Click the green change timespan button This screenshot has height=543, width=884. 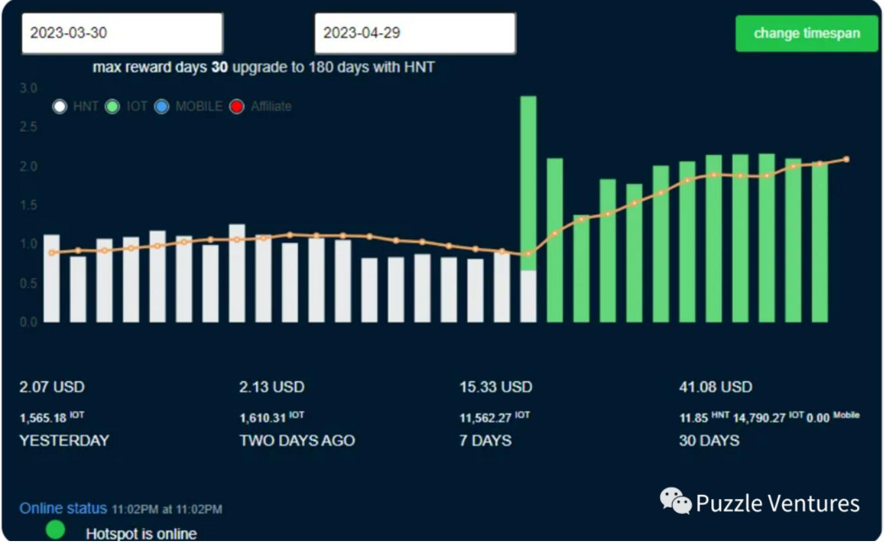pos(807,33)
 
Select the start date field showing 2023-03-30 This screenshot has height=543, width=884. pos(122,33)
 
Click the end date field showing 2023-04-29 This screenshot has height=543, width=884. pos(415,33)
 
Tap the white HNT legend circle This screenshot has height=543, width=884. pos(60,106)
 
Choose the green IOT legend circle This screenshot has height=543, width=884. pos(112,106)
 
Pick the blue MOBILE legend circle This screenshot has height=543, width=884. pos(162,106)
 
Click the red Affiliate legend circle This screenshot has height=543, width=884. pos(237,106)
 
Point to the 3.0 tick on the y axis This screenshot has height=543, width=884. pos(30,88)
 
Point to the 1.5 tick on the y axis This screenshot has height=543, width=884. pos(30,205)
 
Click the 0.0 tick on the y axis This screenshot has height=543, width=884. pos(30,322)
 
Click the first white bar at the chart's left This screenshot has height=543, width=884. pos(51,278)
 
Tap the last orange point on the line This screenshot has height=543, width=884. pos(847,160)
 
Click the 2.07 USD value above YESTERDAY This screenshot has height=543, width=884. pos(52,387)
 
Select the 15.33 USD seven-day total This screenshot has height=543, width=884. pos(495,387)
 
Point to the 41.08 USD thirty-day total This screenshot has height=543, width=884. pos(715,387)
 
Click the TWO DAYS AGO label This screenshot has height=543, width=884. pos(297,440)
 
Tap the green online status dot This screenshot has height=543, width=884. pos(56,529)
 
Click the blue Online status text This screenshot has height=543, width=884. pos(63,508)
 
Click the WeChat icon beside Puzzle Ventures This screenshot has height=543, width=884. pos(675,501)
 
